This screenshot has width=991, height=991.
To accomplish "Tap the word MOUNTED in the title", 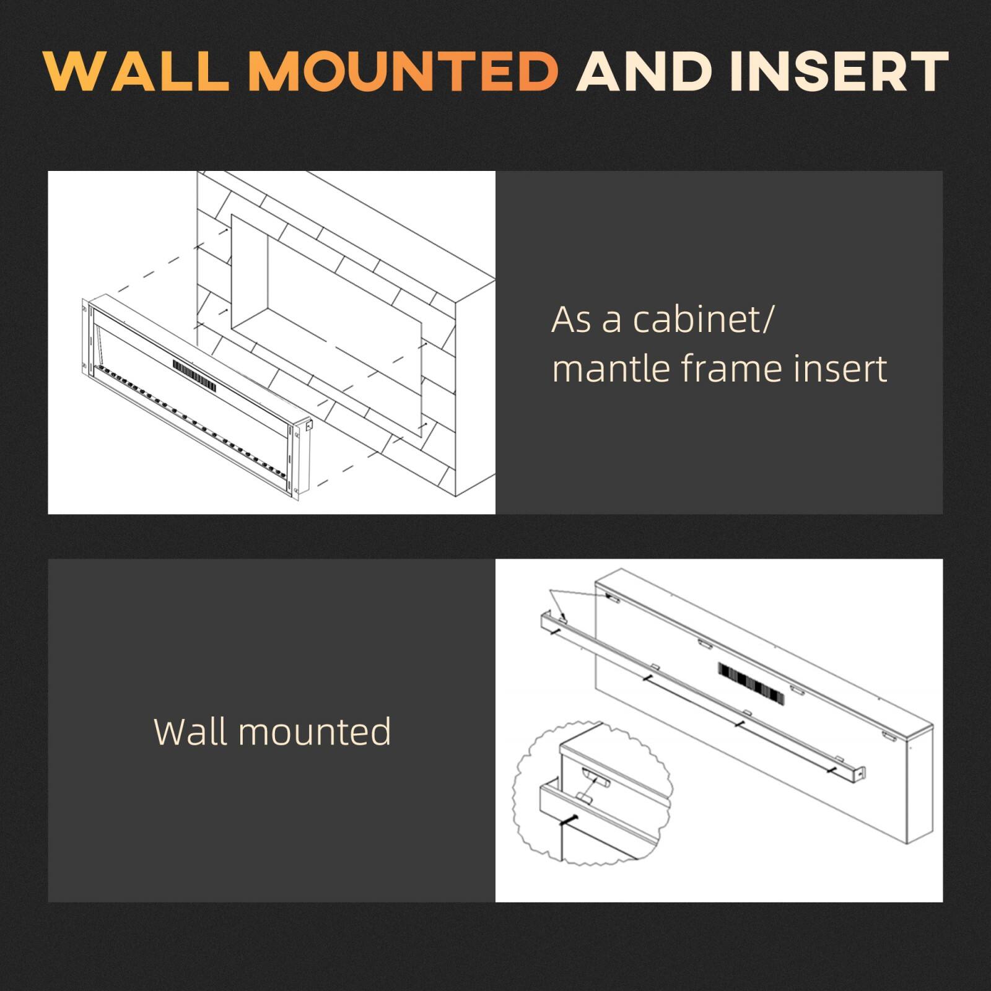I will [x=404, y=71].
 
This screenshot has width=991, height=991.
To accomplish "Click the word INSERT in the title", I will [x=839, y=71].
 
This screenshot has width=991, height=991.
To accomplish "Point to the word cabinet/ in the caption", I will [x=702, y=320].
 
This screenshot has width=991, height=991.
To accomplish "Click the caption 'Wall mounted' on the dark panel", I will [x=272, y=731].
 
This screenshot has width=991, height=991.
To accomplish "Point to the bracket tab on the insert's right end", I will [x=308, y=426].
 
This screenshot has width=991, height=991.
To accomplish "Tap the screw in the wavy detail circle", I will [x=569, y=821].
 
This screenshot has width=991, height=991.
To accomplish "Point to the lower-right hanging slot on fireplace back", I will [x=888, y=738].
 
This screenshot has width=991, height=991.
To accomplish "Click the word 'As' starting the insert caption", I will [x=570, y=320].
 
